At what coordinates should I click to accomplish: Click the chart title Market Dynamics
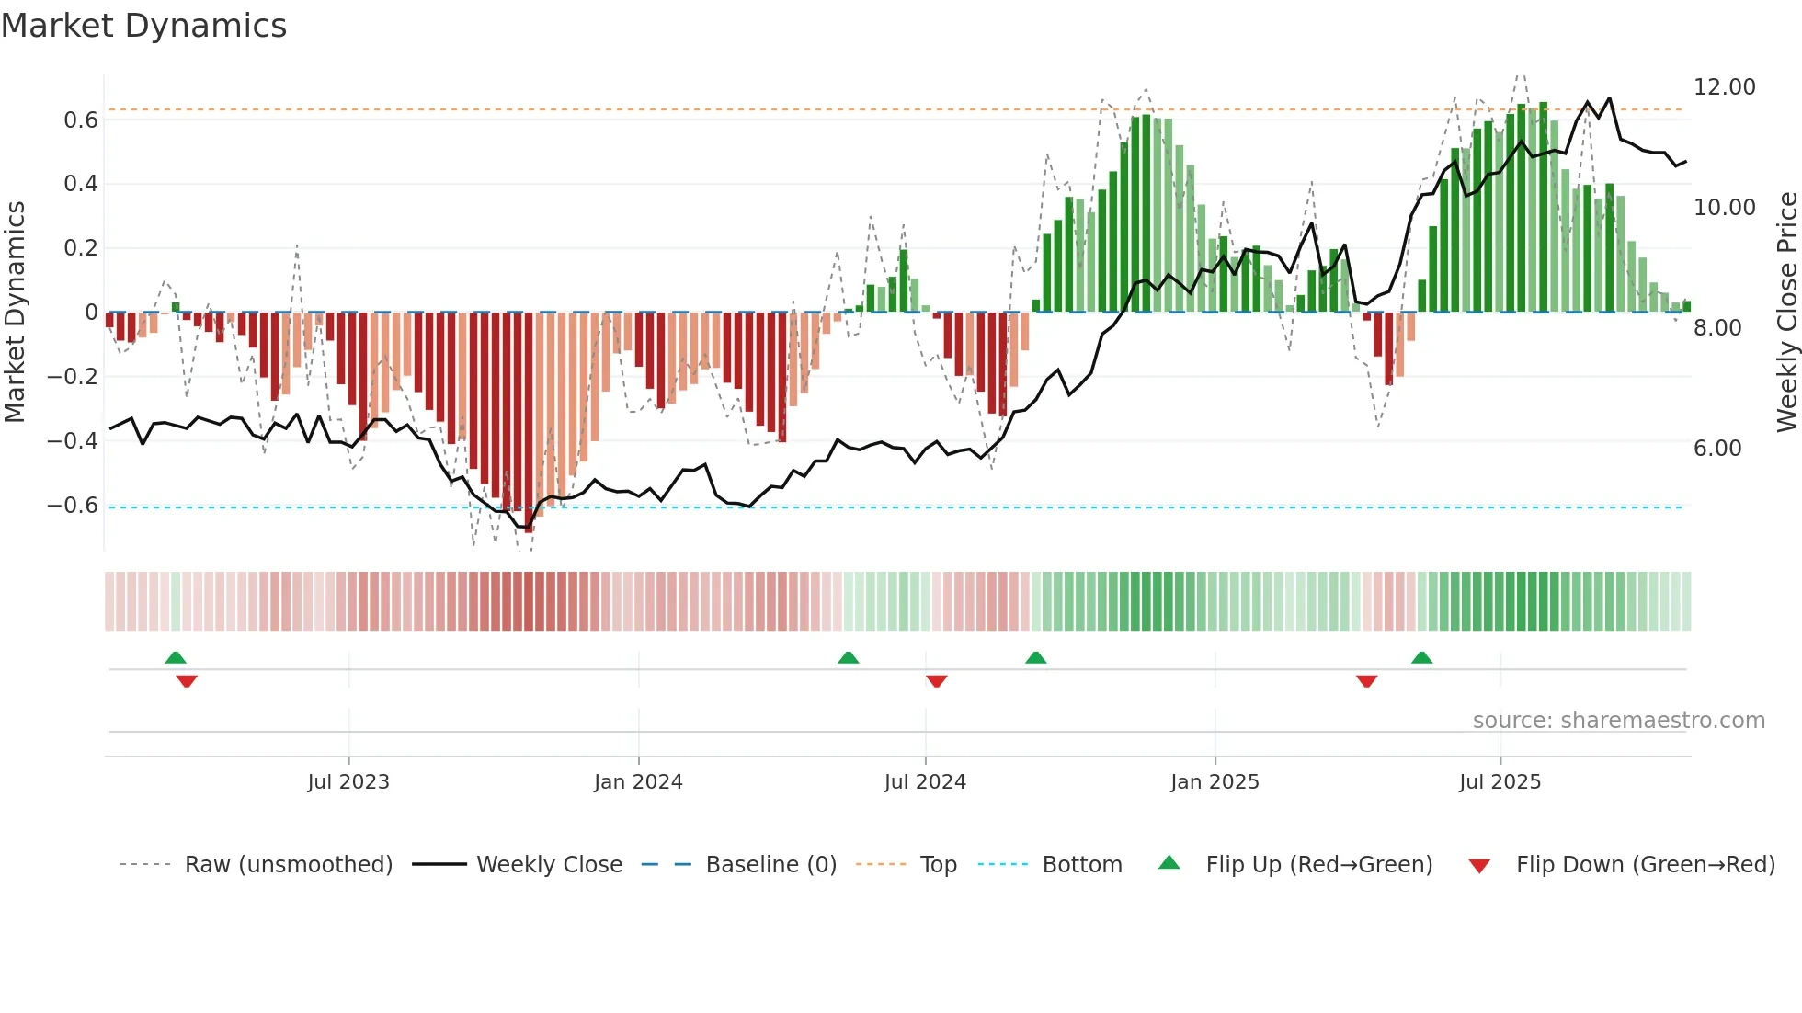[143, 26]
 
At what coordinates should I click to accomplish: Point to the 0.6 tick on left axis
[80, 120]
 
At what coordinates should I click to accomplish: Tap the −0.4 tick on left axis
[73, 441]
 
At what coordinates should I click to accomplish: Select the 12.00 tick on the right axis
[1724, 87]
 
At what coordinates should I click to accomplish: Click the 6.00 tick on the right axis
[1716, 449]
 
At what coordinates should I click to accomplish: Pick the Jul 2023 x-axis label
[348, 782]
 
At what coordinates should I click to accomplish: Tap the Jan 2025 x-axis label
[1215, 782]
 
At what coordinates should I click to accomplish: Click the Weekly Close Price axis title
[1786, 313]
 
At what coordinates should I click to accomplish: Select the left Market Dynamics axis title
[15, 313]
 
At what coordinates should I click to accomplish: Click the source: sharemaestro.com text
[1618, 721]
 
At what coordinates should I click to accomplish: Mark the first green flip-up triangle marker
[176, 657]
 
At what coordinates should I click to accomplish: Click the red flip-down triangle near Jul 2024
[937, 681]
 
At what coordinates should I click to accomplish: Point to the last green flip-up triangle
[1421, 657]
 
